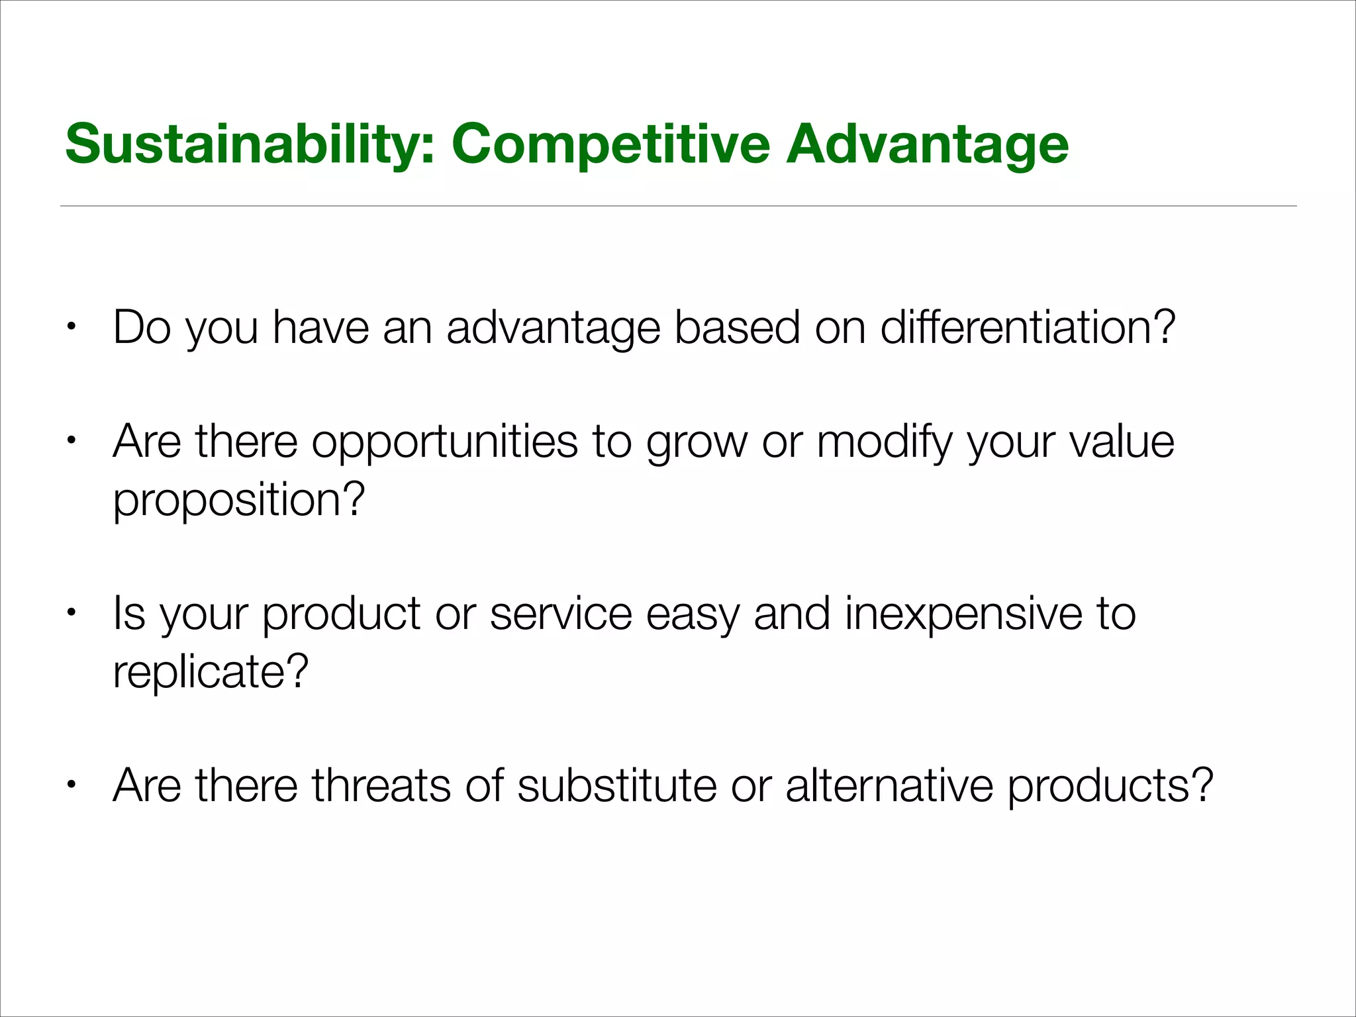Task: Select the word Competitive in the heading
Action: click(x=610, y=144)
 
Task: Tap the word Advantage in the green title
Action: click(x=927, y=144)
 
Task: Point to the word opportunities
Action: click(x=444, y=442)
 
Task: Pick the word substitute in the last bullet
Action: click(x=616, y=786)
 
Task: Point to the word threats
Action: click(x=381, y=786)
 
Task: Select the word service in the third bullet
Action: click(x=561, y=614)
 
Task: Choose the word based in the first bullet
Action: click(x=736, y=327)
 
